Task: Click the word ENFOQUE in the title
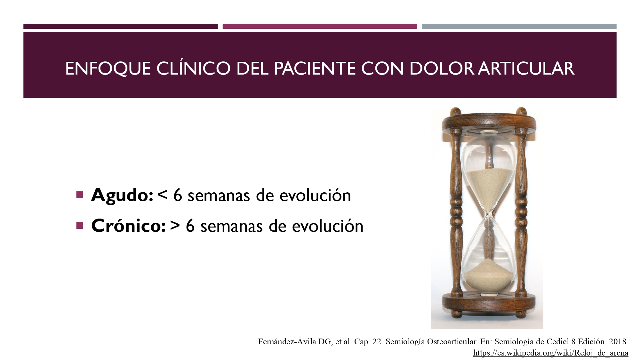pos(108,68)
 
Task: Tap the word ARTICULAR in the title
pos(526,68)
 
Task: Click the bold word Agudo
pos(122,195)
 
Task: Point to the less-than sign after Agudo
pos(163,195)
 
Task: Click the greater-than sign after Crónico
pos(175,226)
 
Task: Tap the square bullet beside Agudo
pos(80,195)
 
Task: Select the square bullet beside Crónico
pos(80,226)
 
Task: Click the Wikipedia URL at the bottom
pos(551,353)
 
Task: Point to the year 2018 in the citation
pos(618,342)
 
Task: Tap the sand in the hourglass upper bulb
pos(489,187)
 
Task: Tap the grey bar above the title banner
pos(519,26)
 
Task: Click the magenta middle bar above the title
pos(320,26)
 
